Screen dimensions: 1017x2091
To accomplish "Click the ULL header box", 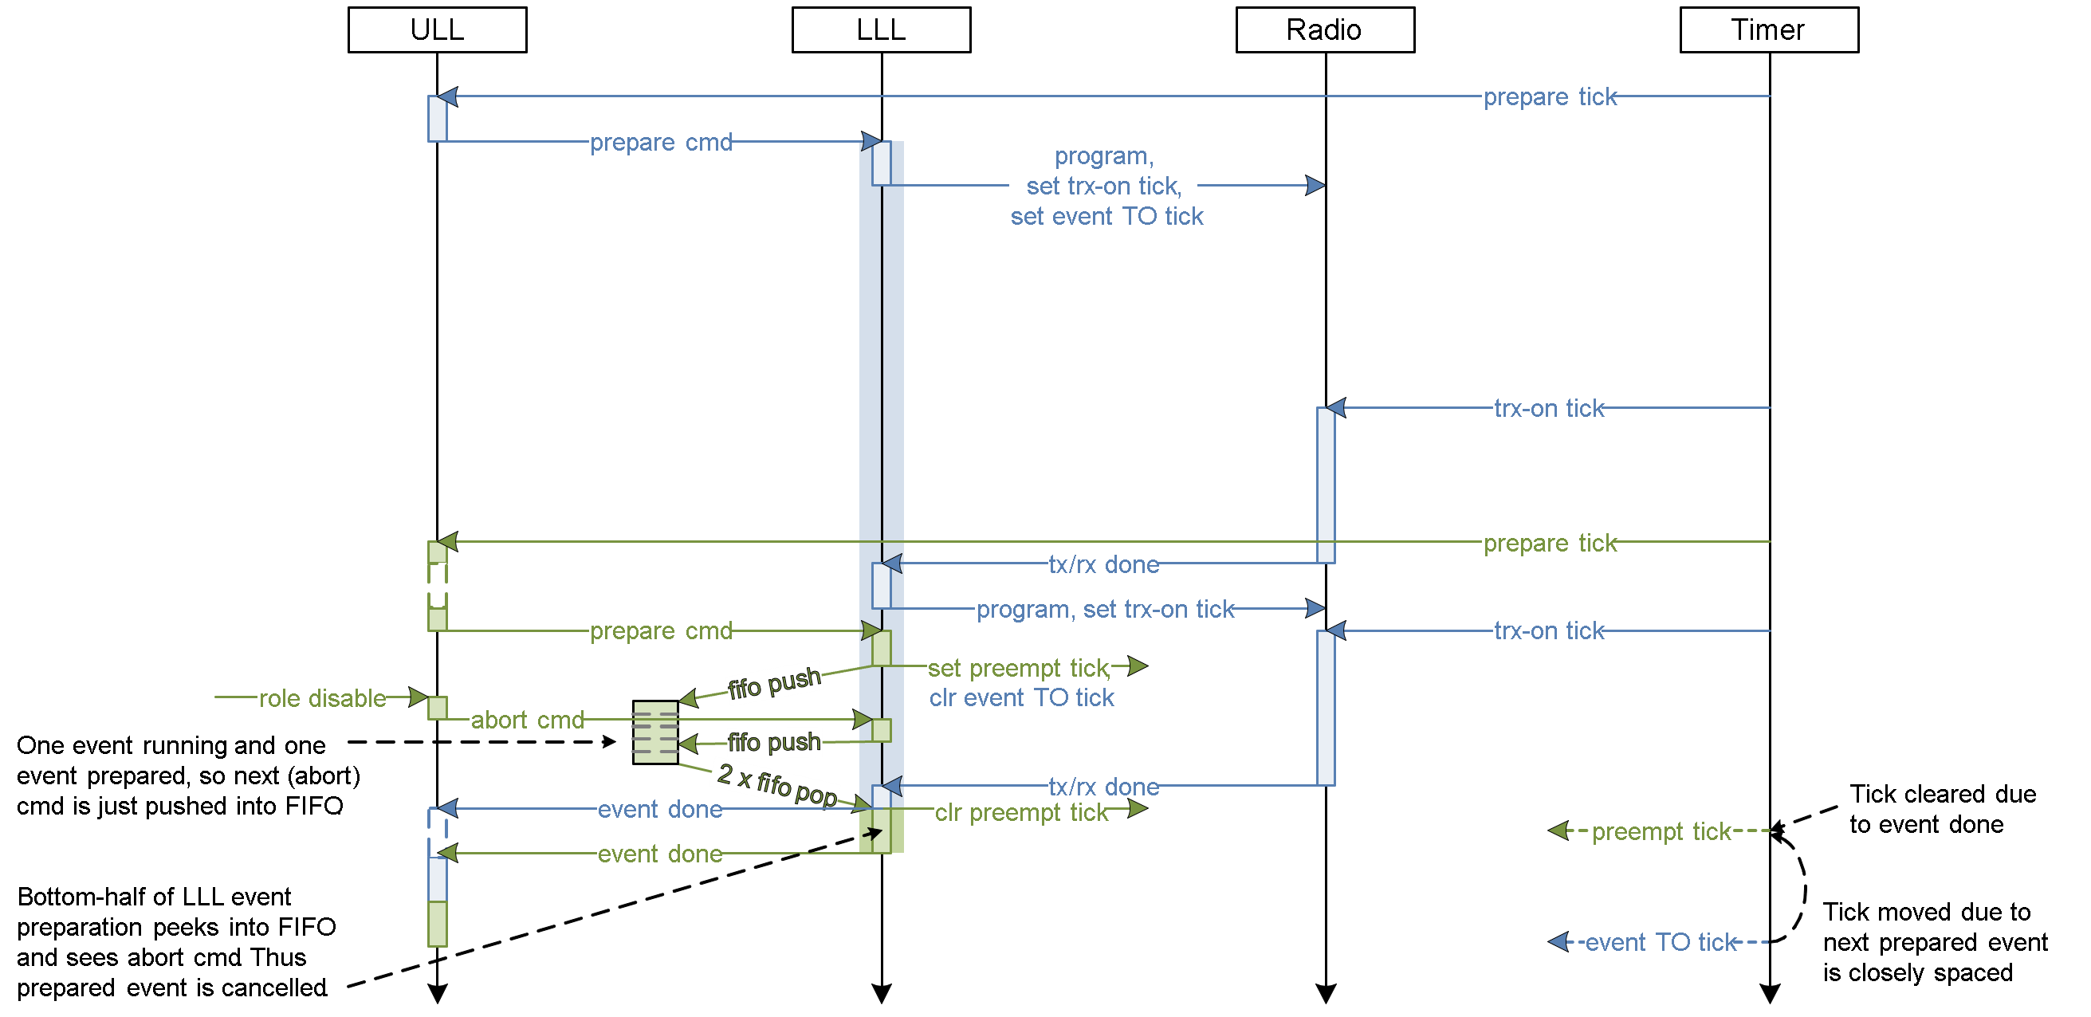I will click(x=437, y=30).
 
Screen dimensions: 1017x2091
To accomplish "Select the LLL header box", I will click(x=881, y=30).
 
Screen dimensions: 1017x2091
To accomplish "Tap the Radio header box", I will click(x=1324, y=30).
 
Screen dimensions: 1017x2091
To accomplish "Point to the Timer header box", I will click(x=1768, y=30).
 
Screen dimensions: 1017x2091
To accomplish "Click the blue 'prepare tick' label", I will click(x=1547, y=96).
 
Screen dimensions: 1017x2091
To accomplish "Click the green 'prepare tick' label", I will click(x=1547, y=542).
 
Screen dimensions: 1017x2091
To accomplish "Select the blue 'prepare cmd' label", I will click(x=659, y=142).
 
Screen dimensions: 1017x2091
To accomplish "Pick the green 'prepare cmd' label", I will click(x=659, y=630).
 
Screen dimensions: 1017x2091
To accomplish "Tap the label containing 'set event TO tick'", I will click(x=1103, y=186).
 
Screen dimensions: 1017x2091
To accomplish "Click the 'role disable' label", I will click(x=321, y=697).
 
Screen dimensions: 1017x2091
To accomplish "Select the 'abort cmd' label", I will click(x=526, y=720).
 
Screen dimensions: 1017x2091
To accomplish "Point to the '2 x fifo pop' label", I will click(x=776, y=784).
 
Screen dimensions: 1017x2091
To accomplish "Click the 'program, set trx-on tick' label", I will click(x=1103, y=609).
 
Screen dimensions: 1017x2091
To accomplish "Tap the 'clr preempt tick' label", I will click(x=1020, y=811).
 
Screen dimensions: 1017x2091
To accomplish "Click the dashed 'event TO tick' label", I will click(x=1658, y=942).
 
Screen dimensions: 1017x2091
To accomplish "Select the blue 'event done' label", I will click(x=659, y=808).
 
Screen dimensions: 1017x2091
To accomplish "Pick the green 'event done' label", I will click(x=659, y=853).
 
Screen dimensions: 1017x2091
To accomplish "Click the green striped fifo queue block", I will click(x=655, y=732).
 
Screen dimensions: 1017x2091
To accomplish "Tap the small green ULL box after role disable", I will click(x=438, y=708).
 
